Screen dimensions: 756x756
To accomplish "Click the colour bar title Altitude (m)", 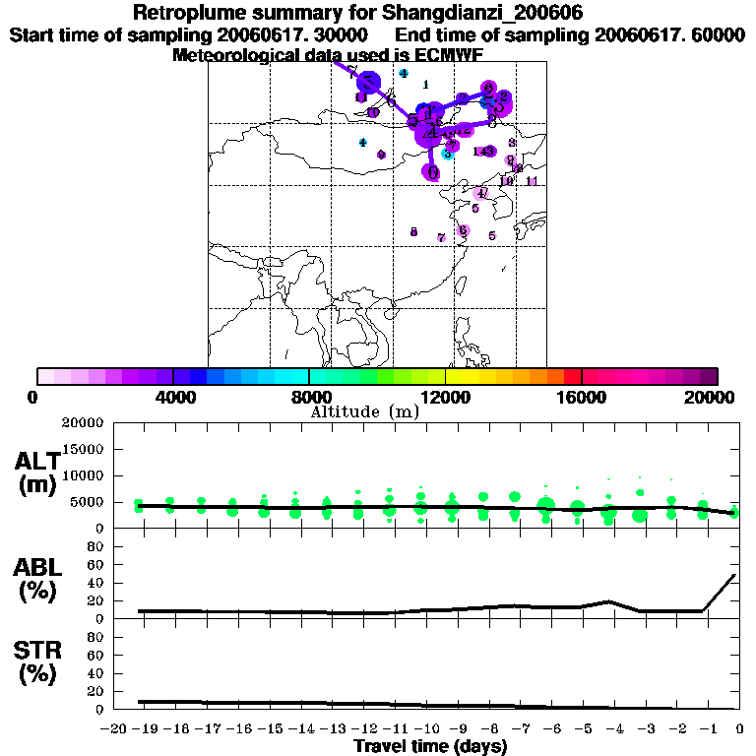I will point(364,411).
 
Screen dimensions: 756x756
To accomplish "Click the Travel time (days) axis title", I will point(430,746).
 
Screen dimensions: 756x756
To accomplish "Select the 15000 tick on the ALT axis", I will point(84,450).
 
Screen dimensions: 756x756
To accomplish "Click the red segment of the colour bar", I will point(572,376).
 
